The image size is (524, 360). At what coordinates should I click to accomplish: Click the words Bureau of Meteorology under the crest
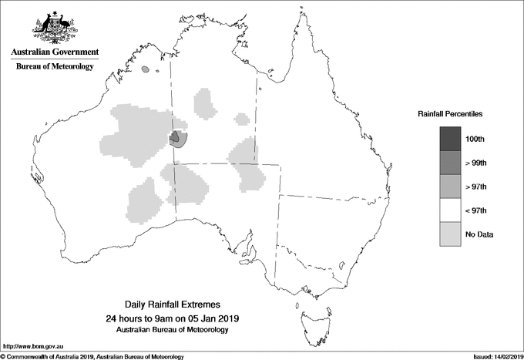[x=55, y=67]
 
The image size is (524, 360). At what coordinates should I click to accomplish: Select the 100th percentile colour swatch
[x=450, y=140]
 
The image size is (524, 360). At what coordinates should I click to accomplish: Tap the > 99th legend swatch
[x=450, y=163]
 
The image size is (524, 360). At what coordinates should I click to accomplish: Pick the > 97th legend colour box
[x=450, y=187]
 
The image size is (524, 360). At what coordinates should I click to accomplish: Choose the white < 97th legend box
[x=450, y=210]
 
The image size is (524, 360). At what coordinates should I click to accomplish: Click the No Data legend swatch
[x=450, y=234]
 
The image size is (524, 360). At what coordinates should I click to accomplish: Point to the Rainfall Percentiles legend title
[x=450, y=113]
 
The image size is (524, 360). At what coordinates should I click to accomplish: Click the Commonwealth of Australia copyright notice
[x=92, y=356]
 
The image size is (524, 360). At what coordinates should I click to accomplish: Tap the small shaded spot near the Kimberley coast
[x=146, y=70]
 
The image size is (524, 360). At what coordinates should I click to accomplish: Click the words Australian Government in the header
[x=55, y=52]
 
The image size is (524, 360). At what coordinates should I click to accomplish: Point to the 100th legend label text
[x=475, y=140]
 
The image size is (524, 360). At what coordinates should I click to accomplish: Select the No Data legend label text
[x=479, y=234]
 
